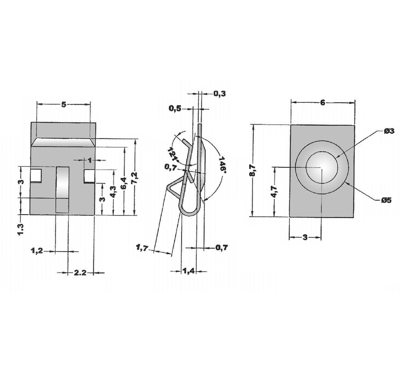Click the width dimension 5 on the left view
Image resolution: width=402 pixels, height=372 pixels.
[64, 104]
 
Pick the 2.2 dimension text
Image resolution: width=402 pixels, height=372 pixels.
[80, 273]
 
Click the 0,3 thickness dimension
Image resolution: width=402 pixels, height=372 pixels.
[219, 94]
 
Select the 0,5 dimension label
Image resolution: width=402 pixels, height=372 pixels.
[175, 109]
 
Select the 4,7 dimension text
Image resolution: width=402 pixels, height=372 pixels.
[274, 192]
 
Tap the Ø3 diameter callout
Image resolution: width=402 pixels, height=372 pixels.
[389, 131]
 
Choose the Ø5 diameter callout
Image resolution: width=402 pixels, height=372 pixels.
[386, 200]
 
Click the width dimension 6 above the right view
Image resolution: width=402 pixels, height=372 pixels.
[323, 103]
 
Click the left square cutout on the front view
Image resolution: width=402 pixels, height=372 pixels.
[36, 176]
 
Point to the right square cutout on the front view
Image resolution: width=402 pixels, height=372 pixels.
[89, 176]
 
